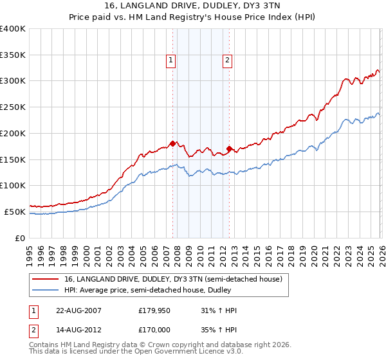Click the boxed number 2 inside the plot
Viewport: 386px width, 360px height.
click(228, 61)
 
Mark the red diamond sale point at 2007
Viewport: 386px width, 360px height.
click(172, 143)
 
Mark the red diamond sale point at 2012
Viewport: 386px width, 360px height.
click(230, 148)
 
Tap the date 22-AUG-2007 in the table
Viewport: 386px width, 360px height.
click(78, 310)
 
